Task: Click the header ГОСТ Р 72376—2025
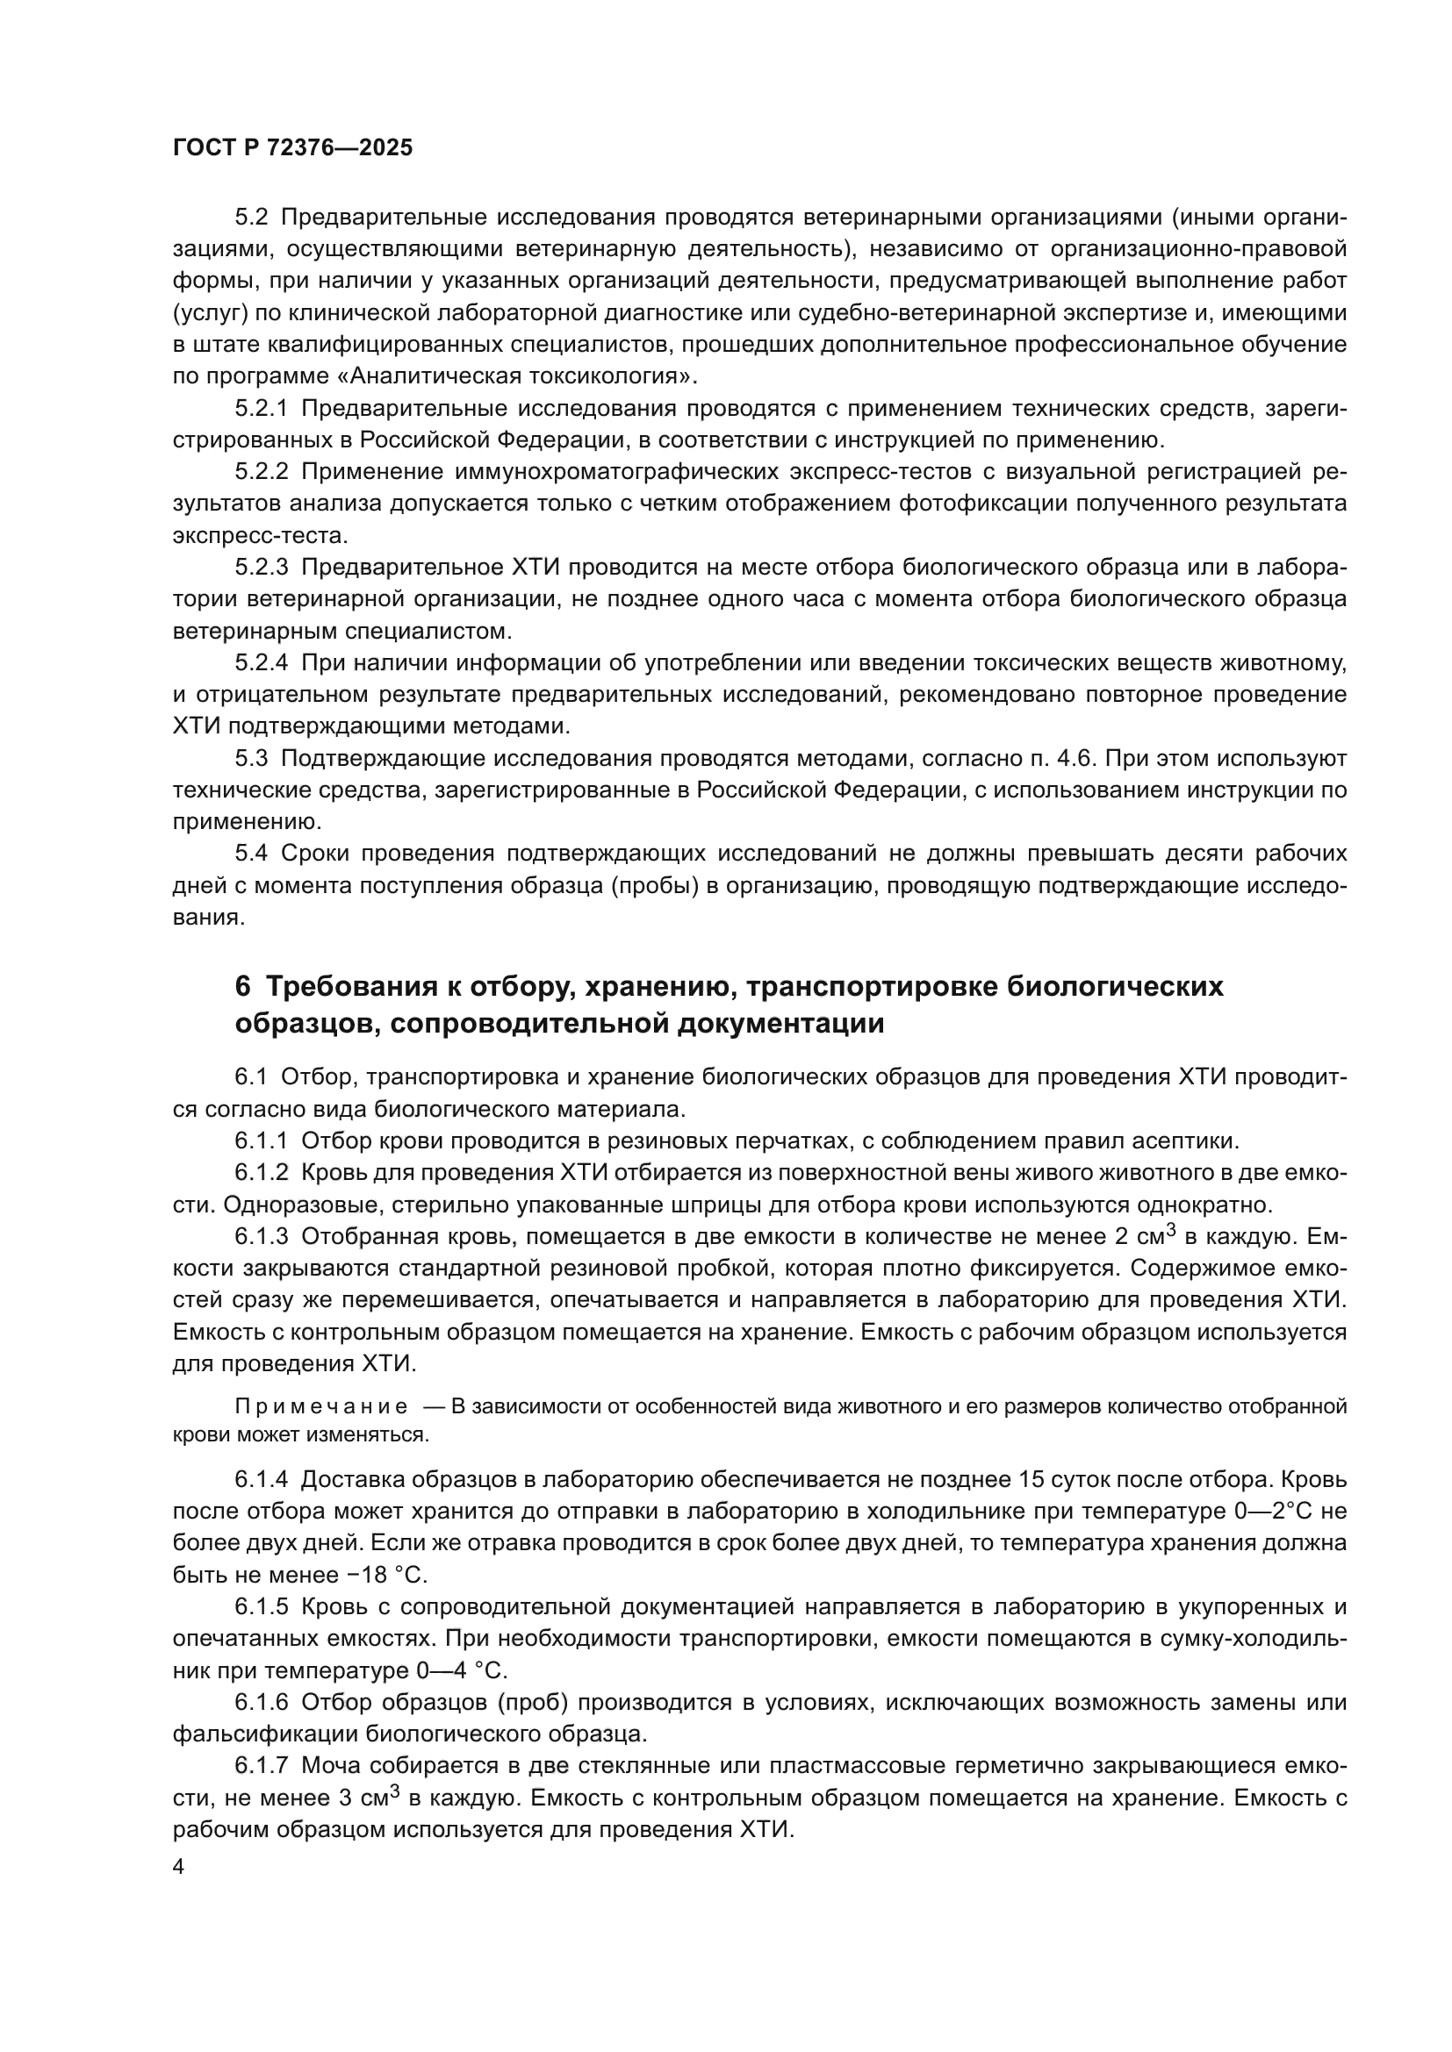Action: [x=292, y=148]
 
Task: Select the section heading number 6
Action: [x=242, y=988]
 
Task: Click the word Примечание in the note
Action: [x=321, y=1406]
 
